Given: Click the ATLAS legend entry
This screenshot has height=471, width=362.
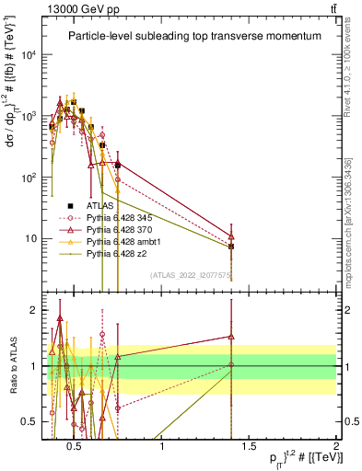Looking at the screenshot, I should pyautogui.click(x=99, y=204).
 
